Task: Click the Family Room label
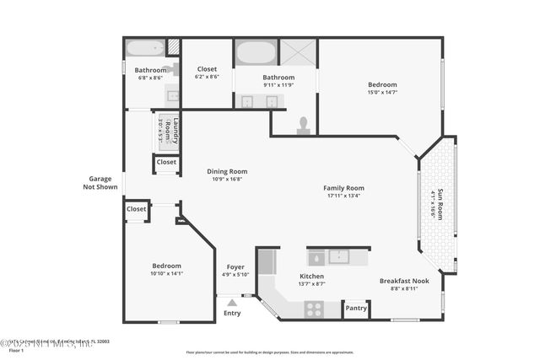343,188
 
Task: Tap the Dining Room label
227,171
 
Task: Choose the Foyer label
235,266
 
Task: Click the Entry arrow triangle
232,301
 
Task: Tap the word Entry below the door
232,313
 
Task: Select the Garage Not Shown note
100,182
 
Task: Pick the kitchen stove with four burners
315,308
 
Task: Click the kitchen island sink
337,256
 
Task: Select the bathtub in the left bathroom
143,47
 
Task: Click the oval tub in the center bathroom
256,53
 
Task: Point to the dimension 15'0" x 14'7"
382,93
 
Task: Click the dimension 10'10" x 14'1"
166,273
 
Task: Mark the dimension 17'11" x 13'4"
343,196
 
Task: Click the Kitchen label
312,276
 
